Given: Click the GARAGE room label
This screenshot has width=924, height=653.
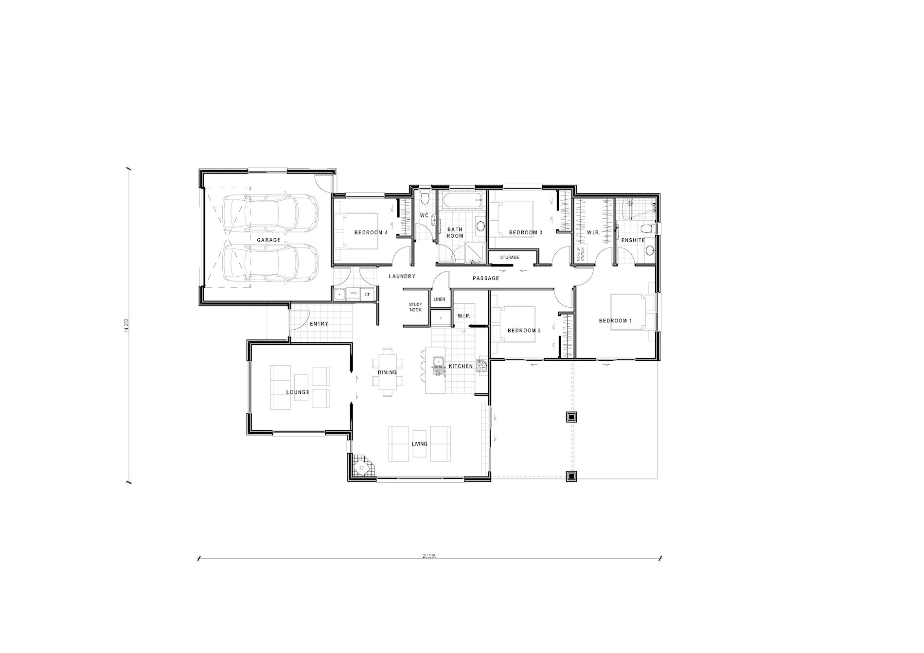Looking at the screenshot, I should pyautogui.click(x=268, y=240).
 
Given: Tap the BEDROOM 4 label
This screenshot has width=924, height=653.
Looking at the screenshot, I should pyautogui.click(x=371, y=232).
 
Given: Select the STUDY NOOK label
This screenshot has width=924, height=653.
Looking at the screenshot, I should pyautogui.click(x=415, y=307).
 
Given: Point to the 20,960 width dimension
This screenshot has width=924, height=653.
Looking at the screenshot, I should pyautogui.click(x=430, y=556).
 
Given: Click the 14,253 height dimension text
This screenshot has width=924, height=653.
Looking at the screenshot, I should pyautogui.click(x=127, y=325).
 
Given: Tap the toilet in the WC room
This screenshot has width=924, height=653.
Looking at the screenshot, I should pyautogui.click(x=425, y=197).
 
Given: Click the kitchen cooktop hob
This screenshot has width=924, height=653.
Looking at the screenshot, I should pyautogui.click(x=482, y=366).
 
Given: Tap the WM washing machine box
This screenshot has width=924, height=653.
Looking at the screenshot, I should pyautogui.click(x=354, y=294).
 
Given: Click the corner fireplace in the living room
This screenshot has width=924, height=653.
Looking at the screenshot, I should pyautogui.click(x=362, y=468).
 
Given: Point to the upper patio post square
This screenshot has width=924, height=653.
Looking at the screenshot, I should pyautogui.click(x=571, y=417).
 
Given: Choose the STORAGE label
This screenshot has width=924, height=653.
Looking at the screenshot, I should pyautogui.click(x=510, y=257).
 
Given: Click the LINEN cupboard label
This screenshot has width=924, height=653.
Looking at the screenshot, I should pyautogui.click(x=439, y=300).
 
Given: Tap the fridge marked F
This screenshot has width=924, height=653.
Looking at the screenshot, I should pyautogui.click(x=441, y=318).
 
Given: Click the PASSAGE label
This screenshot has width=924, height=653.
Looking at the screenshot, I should pyautogui.click(x=486, y=278).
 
